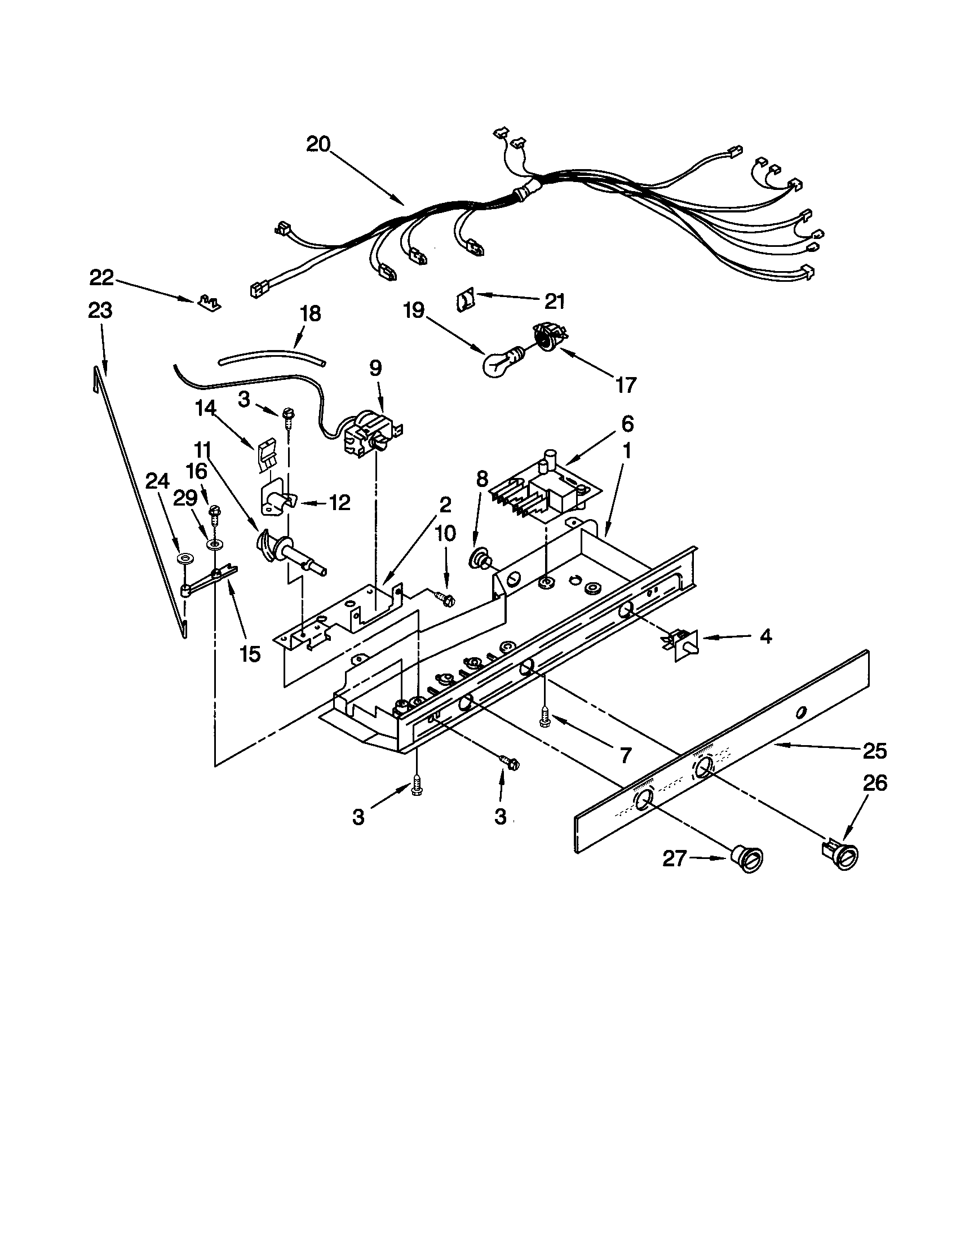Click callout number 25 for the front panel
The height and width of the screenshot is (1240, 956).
[874, 751]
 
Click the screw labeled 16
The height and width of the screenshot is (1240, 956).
[215, 513]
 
